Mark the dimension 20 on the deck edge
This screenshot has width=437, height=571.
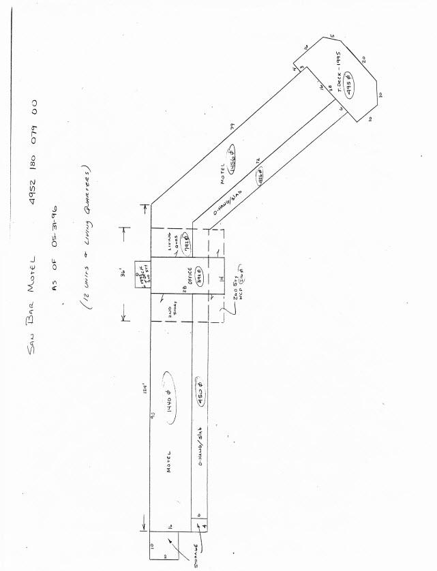click(x=365, y=61)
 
